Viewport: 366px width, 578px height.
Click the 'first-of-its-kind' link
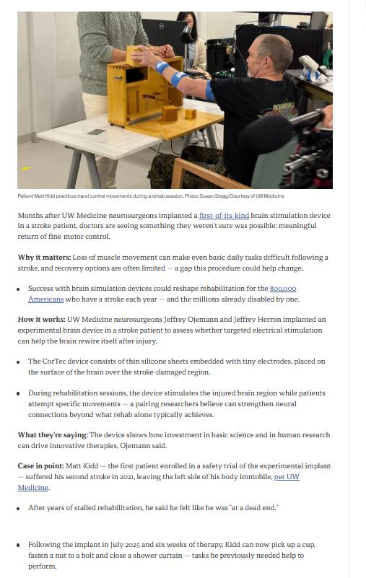tap(224, 215)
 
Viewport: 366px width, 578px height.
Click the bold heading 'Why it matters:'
tap(44, 258)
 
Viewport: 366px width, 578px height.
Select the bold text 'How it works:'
tap(42, 319)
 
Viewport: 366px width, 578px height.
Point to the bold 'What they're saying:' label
tap(53, 435)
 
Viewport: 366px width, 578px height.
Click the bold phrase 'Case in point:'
tap(40, 466)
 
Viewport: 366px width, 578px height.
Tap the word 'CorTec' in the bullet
tap(54, 362)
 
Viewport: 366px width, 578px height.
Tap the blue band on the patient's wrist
tap(161, 67)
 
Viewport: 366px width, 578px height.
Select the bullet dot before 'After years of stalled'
tap(18, 508)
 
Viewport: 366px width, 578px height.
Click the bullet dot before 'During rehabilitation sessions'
tap(18, 393)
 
